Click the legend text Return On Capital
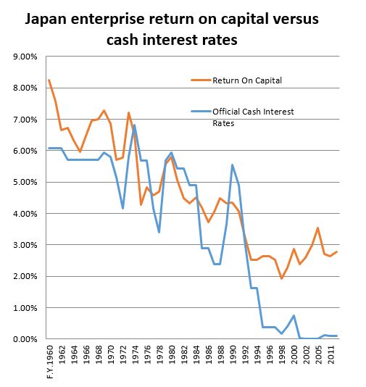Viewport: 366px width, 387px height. pyautogui.click(x=246, y=80)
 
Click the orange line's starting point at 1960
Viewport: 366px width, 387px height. pyautogui.click(x=49, y=80)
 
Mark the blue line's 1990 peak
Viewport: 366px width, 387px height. pyautogui.click(x=233, y=165)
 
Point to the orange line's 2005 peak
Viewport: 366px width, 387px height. pyautogui.click(x=317, y=228)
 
